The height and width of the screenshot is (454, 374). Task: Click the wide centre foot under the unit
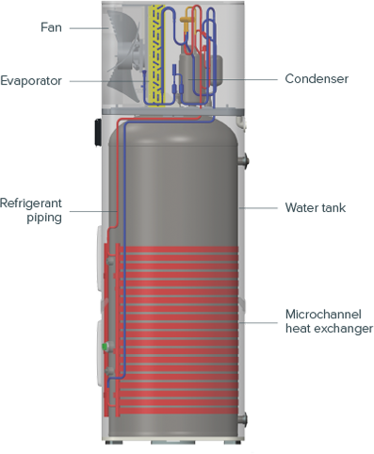[x=178, y=446]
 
